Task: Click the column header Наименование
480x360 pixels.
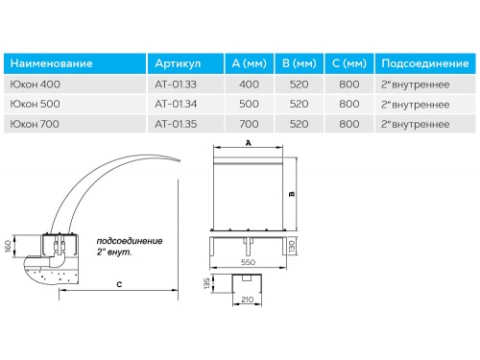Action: click(51, 63)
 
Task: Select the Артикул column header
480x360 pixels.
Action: click(178, 63)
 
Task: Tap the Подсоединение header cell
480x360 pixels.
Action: click(425, 63)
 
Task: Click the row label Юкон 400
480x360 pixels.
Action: click(35, 84)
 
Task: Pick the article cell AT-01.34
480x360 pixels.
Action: click(176, 104)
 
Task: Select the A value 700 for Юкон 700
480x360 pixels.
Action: click(249, 124)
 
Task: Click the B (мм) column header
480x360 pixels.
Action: click(300, 63)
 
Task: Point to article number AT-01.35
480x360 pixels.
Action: click(176, 124)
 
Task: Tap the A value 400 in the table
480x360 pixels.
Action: click(249, 84)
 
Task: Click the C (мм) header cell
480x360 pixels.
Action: click(349, 63)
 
